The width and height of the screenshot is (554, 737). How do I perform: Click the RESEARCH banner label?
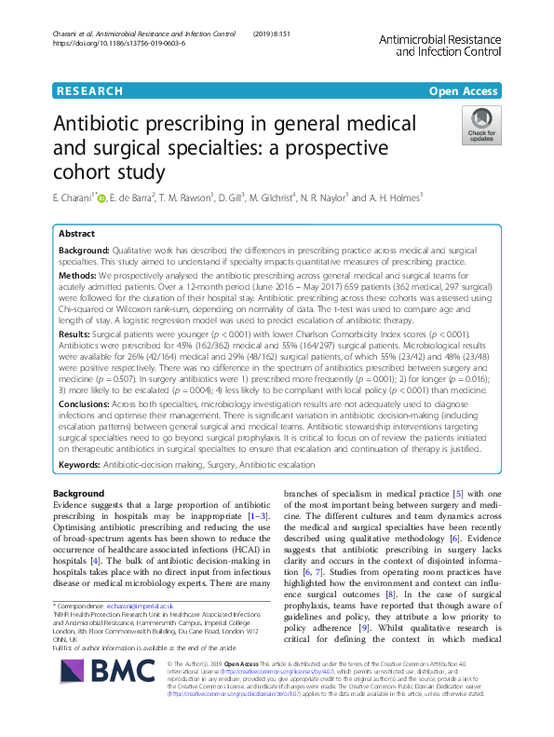pyautogui.click(x=89, y=90)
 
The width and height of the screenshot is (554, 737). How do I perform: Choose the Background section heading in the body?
pyautogui.click(x=78, y=493)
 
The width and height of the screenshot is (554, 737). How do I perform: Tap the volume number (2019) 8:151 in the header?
pyautogui.click(x=272, y=34)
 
